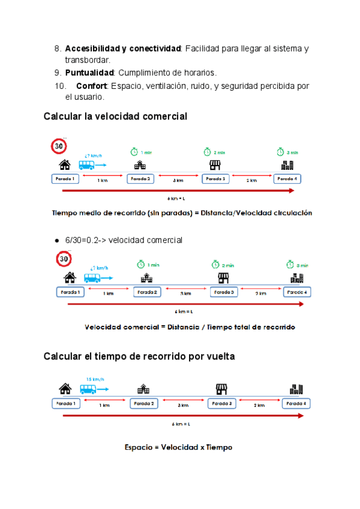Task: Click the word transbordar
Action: [x=88, y=60]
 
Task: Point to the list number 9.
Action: [x=57, y=73]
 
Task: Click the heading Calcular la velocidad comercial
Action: [x=115, y=116]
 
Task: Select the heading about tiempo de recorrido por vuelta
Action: [x=139, y=356]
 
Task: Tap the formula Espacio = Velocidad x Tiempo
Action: [x=178, y=447]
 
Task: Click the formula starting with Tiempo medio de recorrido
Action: [x=182, y=212]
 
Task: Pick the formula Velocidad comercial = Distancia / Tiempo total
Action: [x=190, y=327]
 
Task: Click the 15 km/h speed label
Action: [x=95, y=379]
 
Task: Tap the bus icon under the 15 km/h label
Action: [x=88, y=389]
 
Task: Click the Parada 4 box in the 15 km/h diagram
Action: [x=295, y=404]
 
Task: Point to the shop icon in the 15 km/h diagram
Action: [x=221, y=389]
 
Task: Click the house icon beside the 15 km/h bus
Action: [x=65, y=389]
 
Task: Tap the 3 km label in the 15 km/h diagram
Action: [x=183, y=405]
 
